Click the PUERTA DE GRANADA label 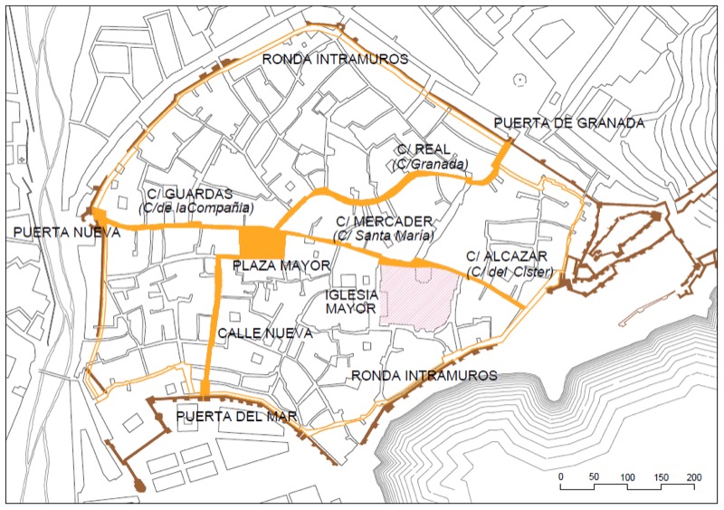(x=569, y=124)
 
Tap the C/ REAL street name (x=428, y=149)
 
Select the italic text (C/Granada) (x=431, y=164)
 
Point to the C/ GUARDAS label (x=189, y=194)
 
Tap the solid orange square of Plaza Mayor (x=262, y=243)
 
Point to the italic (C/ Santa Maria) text (x=383, y=236)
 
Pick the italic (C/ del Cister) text (x=507, y=272)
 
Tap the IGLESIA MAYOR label (x=350, y=302)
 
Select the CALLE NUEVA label (x=264, y=334)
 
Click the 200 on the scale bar (x=694, y=476)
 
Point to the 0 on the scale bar (x=561, y=476)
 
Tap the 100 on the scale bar (x=626, y=476)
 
